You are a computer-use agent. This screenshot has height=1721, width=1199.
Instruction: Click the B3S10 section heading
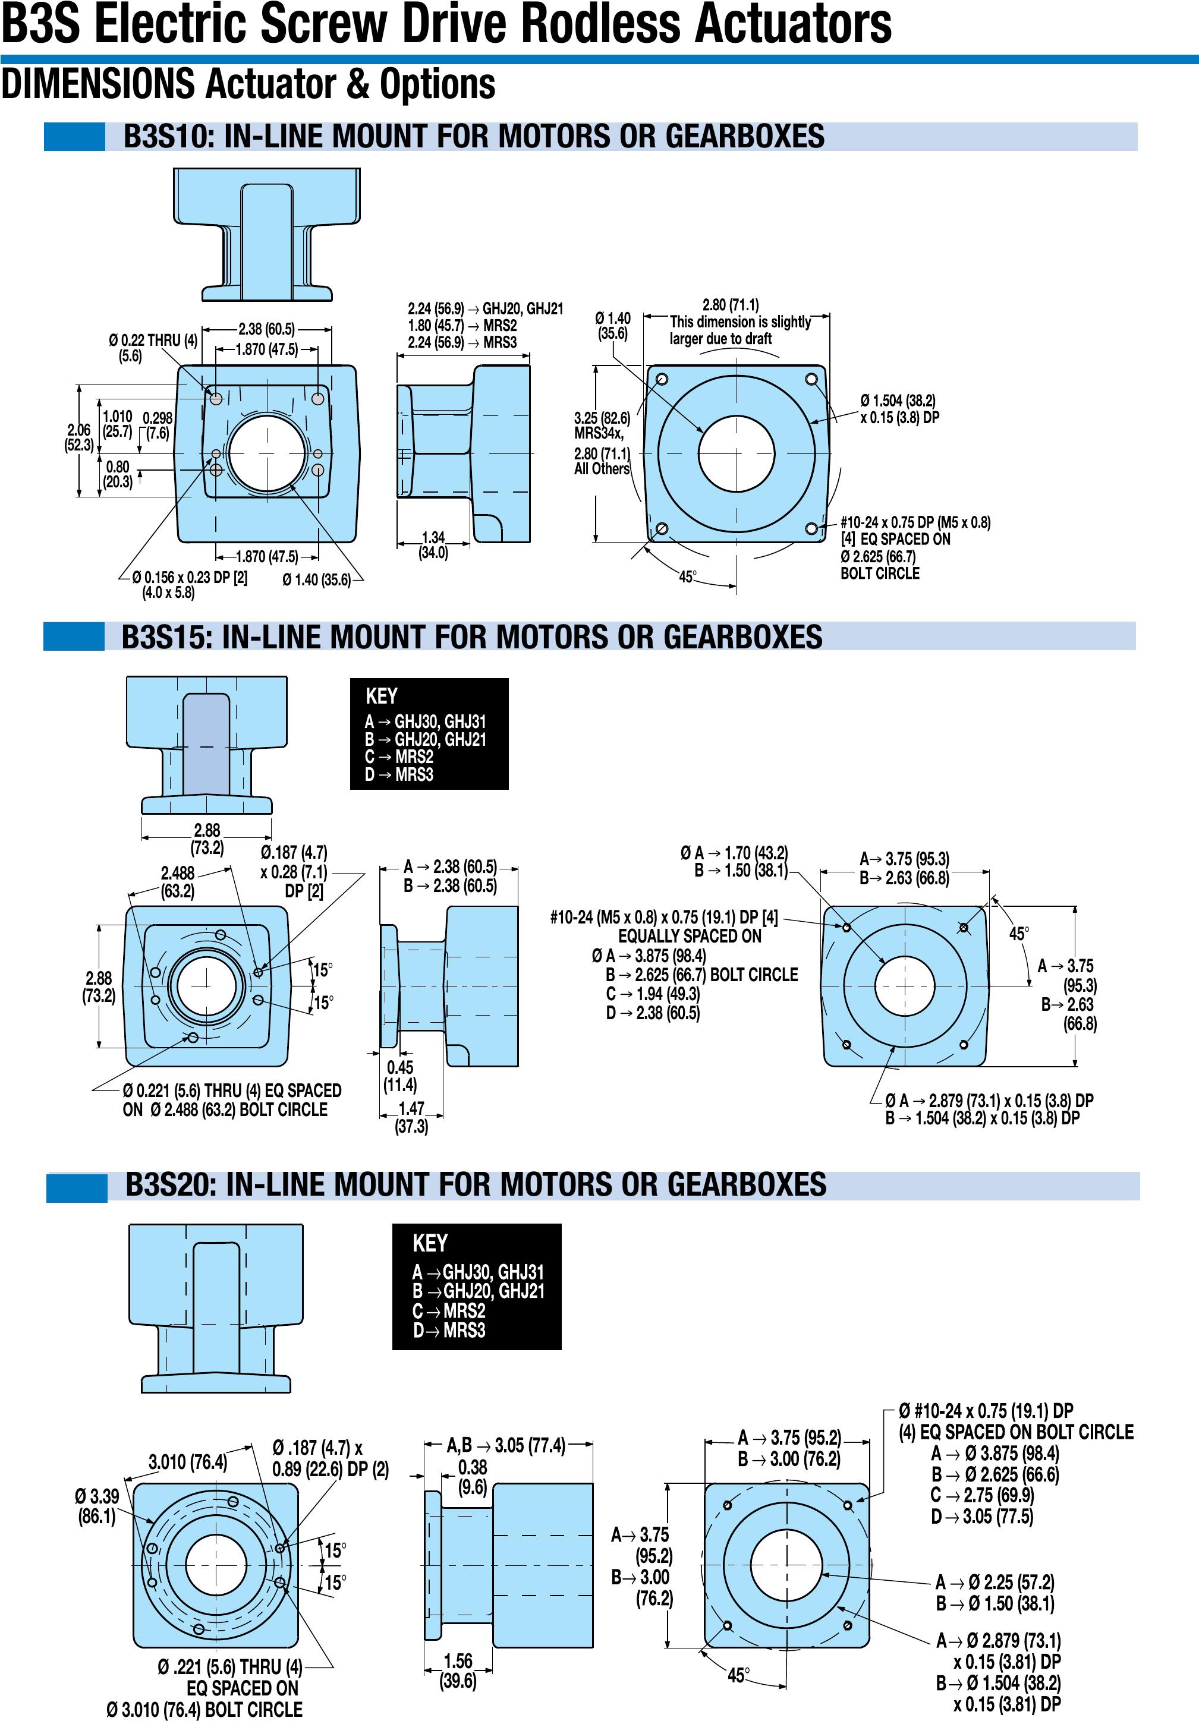(x=473, y=137)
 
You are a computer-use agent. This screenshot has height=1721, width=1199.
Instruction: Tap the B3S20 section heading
(x=476, y=1185)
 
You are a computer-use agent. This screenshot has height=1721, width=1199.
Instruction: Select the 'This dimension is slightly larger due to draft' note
(x=739, y=330)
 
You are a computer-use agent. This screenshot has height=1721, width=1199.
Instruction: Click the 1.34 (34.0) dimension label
(x=433, y=545)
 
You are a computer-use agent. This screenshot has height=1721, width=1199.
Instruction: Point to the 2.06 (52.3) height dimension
(x=78, y=437)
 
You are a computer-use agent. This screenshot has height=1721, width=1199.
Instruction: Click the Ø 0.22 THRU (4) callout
(x=152, y=347)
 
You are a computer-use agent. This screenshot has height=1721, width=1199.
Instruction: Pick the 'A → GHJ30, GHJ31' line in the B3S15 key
(x=425, y=722)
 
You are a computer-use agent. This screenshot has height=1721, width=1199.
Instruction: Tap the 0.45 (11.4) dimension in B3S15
(x=401, y=1076)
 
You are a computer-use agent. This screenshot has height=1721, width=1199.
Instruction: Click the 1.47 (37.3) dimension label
(x=411, y=1117)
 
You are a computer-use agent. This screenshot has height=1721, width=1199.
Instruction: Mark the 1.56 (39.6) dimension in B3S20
(x=458, y=1670)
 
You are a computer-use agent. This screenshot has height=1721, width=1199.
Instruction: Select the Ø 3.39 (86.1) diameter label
(x=97, y=1506)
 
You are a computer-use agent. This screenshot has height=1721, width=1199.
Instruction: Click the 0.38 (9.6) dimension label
(x=473, y=1477)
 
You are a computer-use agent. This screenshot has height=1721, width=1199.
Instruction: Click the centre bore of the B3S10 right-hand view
(x=735, y=453)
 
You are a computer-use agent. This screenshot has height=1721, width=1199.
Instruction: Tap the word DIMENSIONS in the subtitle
(x=98, y=84)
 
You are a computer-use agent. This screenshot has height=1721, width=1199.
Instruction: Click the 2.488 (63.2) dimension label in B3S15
(x=178, y=881)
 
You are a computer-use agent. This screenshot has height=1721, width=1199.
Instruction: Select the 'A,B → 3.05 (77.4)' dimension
(x=506, y=1445)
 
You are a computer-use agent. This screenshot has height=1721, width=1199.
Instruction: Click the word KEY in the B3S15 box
(x=382, y=696)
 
